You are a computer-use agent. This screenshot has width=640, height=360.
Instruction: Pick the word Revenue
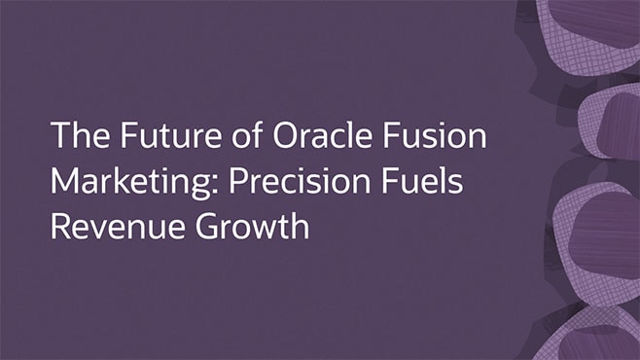(106, 227)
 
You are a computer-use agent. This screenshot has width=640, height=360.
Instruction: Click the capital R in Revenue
(60, 227)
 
